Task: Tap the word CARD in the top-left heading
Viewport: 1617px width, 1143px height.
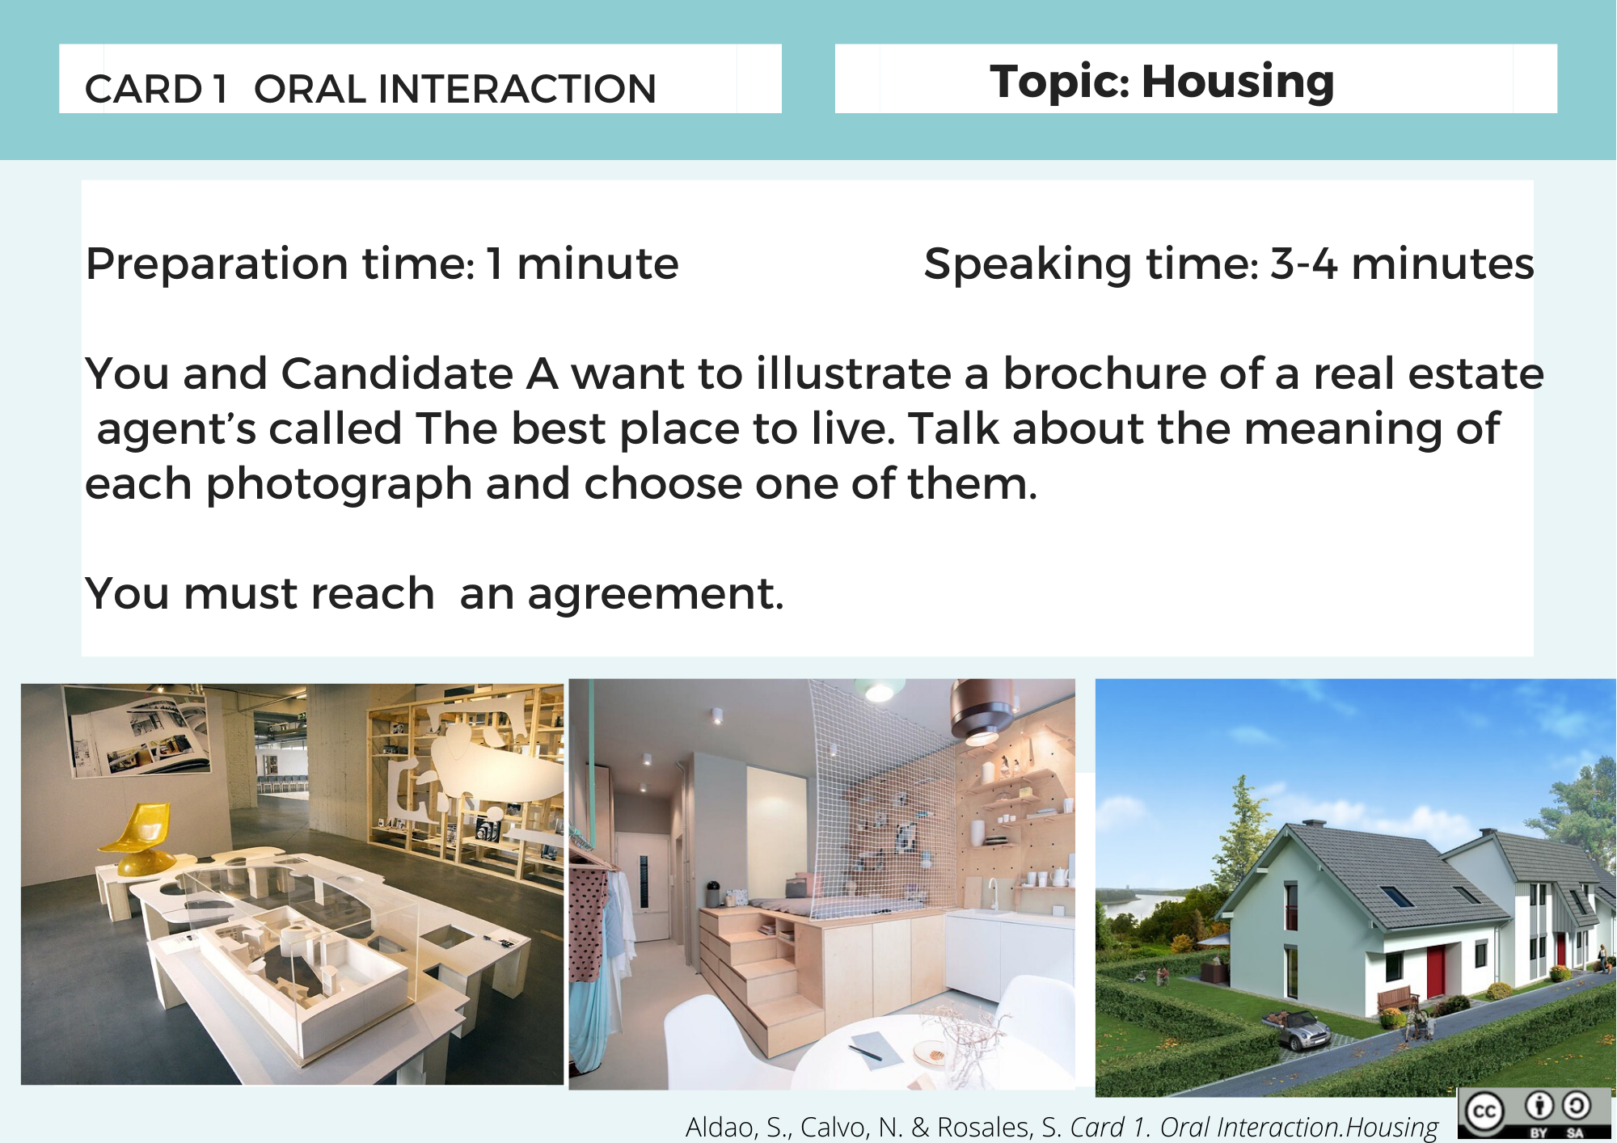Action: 143,89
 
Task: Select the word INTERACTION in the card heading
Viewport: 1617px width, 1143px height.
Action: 517,89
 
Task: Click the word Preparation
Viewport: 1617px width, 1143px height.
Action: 217,264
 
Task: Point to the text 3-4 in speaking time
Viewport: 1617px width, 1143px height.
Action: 1303,264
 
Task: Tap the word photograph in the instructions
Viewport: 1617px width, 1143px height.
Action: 340,485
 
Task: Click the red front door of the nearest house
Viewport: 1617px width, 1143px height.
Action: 1436,971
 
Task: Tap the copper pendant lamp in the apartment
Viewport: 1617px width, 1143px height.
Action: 981,711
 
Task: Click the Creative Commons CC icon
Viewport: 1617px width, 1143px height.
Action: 1486,1114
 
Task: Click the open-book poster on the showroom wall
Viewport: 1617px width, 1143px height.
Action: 137,732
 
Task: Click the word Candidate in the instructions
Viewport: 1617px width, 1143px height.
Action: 397,373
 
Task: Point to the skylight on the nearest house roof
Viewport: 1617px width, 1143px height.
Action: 1396,896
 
